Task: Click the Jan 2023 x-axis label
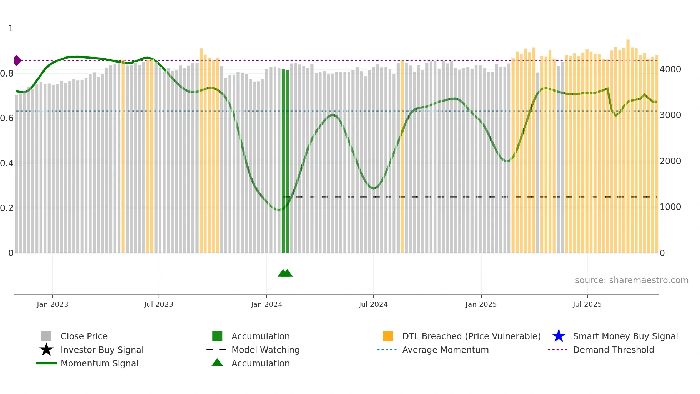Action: [x=52, y=305]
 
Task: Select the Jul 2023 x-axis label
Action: [x=159, y=305]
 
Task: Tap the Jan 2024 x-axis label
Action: [x=266, y=305]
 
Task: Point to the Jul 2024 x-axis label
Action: [x=373, y=305]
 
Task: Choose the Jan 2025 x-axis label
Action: [x=481, y=305]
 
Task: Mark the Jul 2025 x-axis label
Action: [x=587, y=305]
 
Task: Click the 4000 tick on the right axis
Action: [x=670, y=69]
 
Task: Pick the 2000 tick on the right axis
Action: [x=670, y=161]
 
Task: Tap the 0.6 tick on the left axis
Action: [x=7, y=118]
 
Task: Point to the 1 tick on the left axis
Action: [x=11, y=29]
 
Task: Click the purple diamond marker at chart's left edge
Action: [x=17, y=61]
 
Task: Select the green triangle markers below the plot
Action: [x=285, y=273]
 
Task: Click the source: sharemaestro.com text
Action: [x=631, y=280]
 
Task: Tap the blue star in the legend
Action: [x=559, y=336]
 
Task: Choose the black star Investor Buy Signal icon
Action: [x=46, y=350]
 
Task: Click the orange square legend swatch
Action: [x=388, y=336]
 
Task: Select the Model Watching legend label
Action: [x=265, y=350]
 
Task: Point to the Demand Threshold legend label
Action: [x=613, y=350]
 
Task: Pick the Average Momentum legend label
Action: [x=445, y=350]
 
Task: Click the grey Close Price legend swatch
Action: [x=46, y=336]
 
